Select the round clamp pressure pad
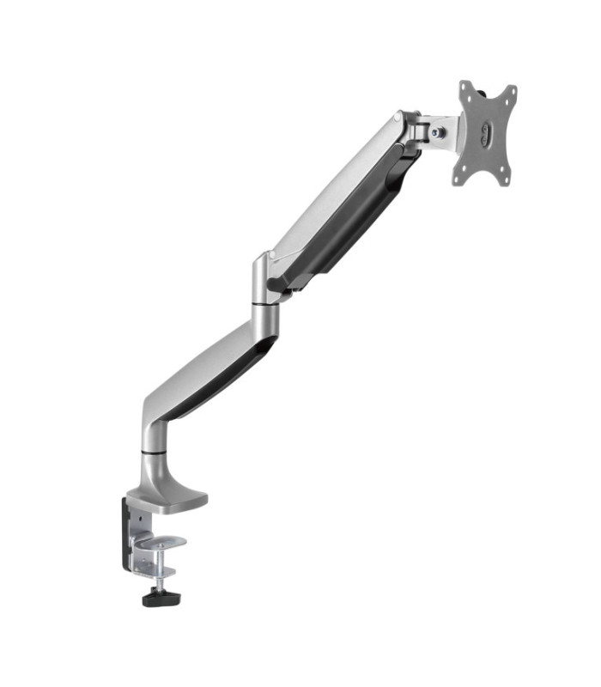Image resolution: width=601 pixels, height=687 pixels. [164, 543]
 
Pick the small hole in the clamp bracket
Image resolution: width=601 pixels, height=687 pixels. [135, 516]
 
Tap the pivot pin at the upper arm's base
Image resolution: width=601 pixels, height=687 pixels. [274, 283]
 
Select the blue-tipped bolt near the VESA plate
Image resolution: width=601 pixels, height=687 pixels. [439, 132]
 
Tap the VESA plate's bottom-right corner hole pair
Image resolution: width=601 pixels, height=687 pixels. [506, 176]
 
